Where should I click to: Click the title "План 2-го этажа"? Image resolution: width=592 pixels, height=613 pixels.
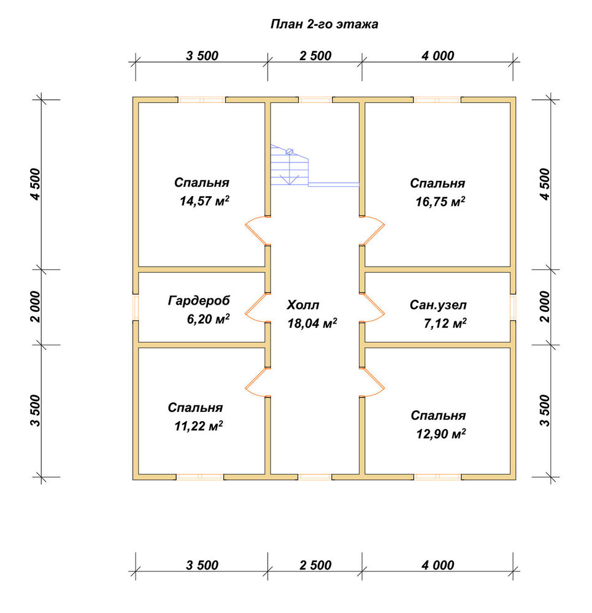pos(325,25)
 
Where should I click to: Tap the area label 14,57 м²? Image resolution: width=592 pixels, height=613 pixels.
pos(204,201)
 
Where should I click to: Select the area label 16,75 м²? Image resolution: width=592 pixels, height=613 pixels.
pos(440,202)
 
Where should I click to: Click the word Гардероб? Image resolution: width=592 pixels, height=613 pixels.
pos(199,300)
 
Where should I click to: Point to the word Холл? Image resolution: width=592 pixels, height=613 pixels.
pos(303,305)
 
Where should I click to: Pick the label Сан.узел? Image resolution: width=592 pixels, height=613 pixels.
pos(438,305)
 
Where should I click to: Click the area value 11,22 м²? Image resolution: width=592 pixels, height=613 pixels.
pos(198,426)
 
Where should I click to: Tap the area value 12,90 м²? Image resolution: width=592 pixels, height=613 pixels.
pos(441,433)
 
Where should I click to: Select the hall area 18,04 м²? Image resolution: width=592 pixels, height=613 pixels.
pos(312,323)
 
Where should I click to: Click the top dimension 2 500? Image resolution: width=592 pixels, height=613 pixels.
pos(315,56)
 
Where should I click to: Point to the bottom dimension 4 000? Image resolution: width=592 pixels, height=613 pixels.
pos(438,565)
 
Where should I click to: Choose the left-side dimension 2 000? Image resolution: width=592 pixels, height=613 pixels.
pos(36,306)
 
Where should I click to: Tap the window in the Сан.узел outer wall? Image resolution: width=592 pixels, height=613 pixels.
pos(513,307)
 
